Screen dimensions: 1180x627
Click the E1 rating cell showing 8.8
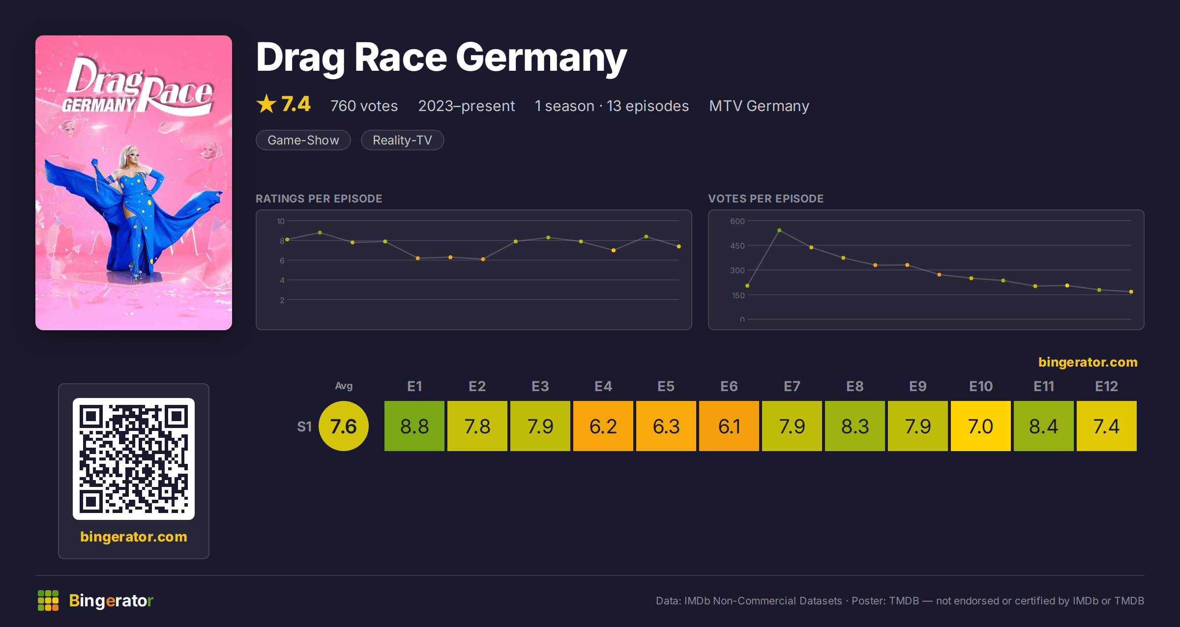click(414, 426)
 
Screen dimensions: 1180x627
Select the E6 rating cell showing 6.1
click(729, 426)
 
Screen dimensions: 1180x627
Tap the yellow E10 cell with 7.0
click(981, 426)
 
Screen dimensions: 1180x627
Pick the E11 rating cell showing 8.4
click(1044, 426)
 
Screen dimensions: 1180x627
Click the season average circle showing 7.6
click(344, 426)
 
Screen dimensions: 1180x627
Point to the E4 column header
click(603, 386)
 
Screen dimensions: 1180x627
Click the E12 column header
click(1107, 386)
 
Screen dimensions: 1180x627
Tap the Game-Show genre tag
click(303, 140)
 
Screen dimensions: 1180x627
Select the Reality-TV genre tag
click(402, 140)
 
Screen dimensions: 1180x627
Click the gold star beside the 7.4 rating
click(266, 104)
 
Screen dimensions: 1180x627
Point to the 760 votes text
click(364, 106)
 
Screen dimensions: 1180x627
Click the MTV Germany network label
click(759, 106)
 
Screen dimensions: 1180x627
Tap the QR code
click(134, 459)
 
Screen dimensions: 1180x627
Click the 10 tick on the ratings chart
click(280, 221)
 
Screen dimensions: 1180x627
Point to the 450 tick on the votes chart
click(737, 246)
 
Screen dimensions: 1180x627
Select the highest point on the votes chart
click(779, 230)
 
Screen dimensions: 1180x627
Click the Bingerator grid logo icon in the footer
click(48, 600)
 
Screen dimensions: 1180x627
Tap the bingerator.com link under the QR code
click(134, 537)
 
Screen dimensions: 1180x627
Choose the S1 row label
click(304, 427)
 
